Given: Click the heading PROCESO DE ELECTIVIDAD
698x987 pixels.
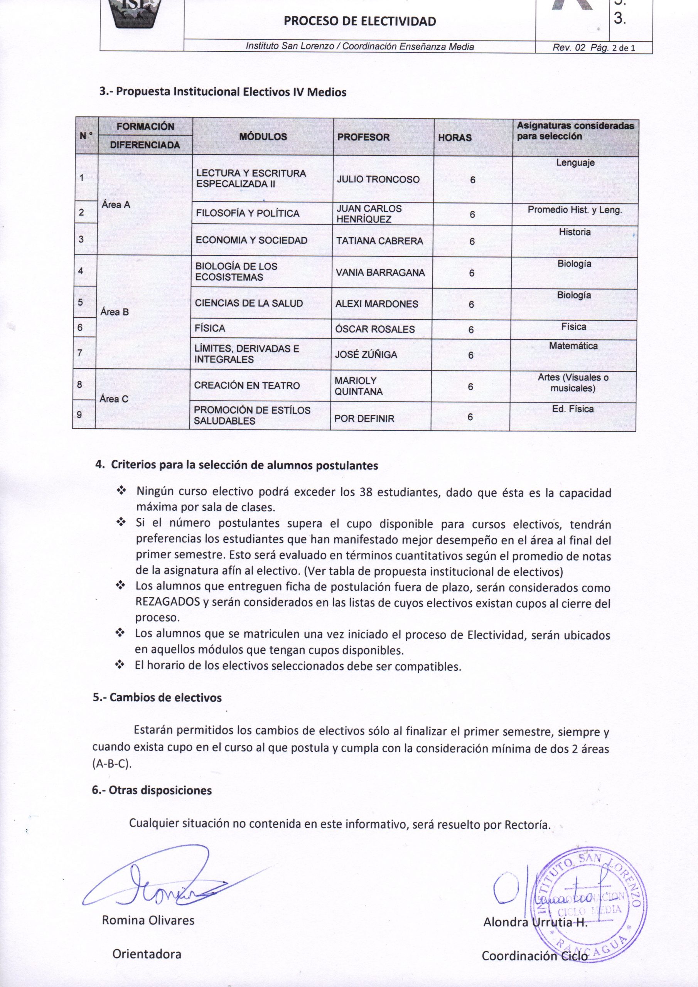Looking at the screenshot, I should coord(359,21).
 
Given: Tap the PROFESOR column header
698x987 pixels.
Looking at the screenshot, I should coord(363,137).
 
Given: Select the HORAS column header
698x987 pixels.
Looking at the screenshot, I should coord(455,138).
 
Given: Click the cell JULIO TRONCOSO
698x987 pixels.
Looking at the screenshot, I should coord(378,179).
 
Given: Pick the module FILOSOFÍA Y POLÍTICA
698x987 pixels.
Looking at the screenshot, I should coord(247,213).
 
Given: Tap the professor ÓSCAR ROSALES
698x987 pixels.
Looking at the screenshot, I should coord(374,329).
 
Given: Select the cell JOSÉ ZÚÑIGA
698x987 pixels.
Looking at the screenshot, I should coord(366,355).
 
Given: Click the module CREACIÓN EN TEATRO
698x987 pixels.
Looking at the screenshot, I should coord(246,386).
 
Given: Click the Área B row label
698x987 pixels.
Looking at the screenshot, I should coord(115,312).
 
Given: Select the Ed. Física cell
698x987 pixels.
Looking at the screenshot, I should coord(572,409).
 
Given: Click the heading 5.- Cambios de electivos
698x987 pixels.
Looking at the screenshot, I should coord(157,697).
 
